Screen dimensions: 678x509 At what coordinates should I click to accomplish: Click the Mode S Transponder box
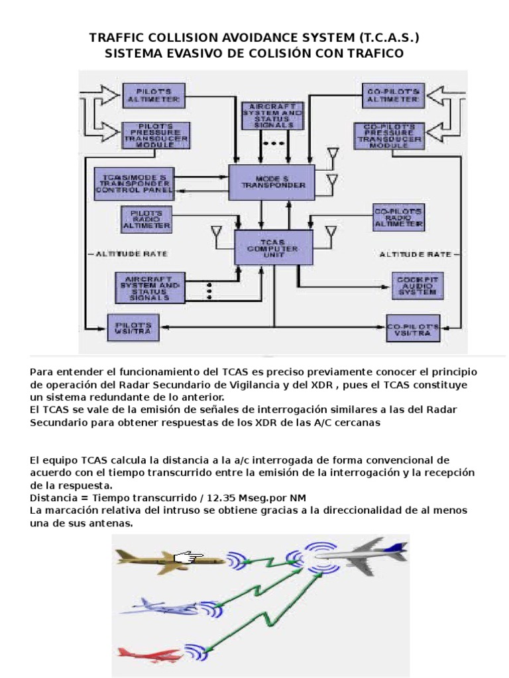coord(271,181)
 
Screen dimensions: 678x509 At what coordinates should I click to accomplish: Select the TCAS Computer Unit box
coord(274,248)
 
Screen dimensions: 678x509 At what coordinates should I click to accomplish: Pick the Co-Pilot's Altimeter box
coord(391,95)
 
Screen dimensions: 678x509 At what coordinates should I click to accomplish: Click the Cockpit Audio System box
coord(416,285)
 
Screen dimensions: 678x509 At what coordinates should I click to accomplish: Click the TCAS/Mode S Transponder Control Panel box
coord(135,183)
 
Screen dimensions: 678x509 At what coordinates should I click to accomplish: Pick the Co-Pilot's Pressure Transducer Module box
coord(389,136)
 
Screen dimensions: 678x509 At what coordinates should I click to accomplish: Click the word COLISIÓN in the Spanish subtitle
coord(252,54)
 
